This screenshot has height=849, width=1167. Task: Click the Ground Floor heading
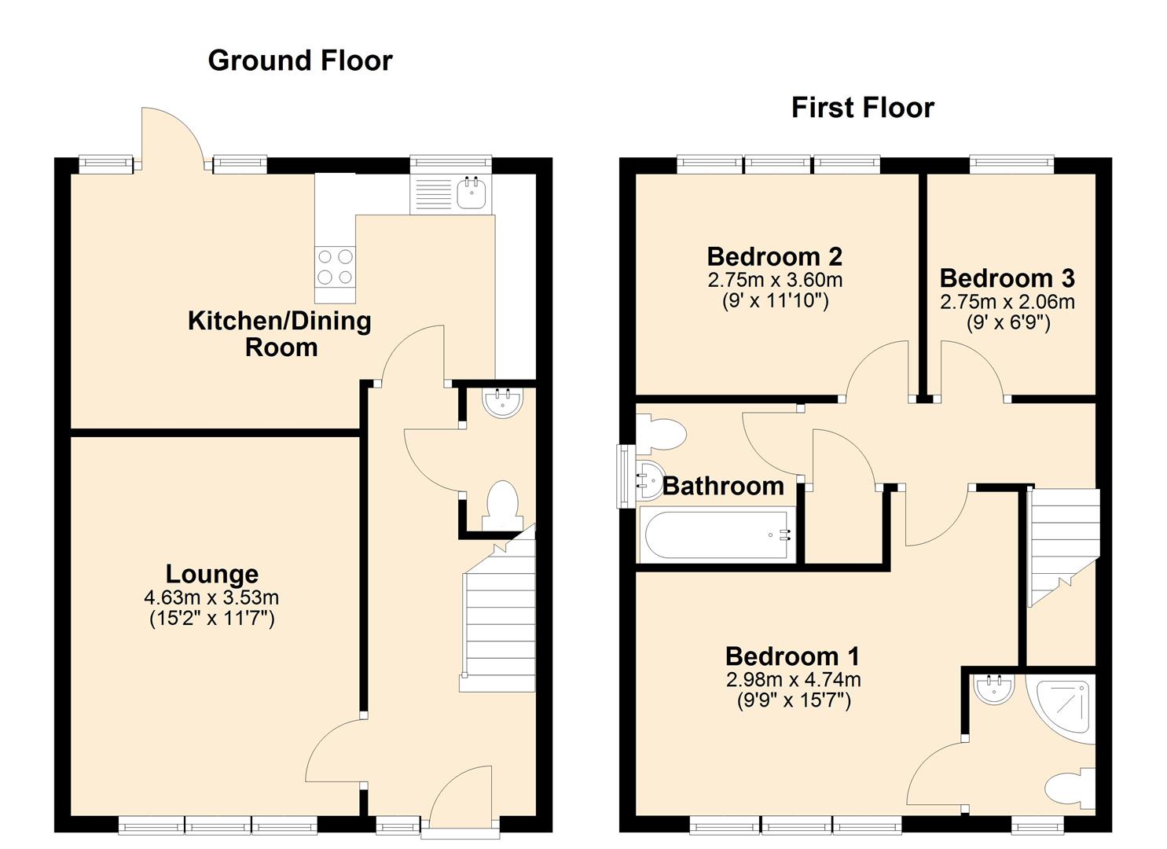[299, 61]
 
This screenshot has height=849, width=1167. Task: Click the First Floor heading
[862, 108]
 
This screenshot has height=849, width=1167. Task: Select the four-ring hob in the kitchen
[335, 266]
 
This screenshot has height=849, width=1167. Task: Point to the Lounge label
[211, 574]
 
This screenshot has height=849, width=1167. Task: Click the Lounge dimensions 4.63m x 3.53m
[211, 598]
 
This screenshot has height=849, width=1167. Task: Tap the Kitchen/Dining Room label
[279, 333]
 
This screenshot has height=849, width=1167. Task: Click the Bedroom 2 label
[774, 256]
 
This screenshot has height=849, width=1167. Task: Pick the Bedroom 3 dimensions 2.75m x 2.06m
[1007, 302]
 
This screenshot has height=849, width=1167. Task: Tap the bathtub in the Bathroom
[716, 536]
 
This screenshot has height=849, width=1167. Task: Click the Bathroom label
[722, 486]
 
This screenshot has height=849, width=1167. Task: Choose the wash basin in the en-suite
[989, 689]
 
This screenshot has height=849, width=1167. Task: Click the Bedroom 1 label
[792, 656]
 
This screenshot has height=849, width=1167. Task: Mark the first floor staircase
[1062, 542]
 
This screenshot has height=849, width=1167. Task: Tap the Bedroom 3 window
[1011, 164]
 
